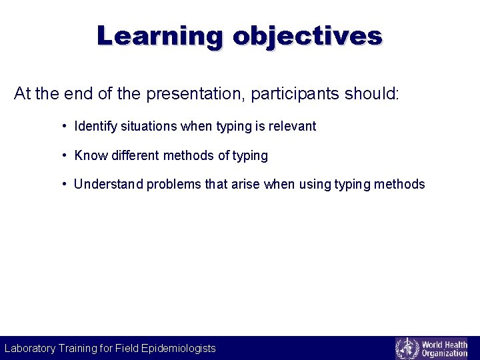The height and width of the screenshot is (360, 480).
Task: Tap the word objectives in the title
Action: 307,35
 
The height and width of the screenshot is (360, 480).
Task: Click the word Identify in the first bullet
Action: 96,126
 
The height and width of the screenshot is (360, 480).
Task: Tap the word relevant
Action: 292,126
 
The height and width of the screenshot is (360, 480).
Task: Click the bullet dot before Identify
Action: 63,126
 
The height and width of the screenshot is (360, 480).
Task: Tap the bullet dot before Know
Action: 63,155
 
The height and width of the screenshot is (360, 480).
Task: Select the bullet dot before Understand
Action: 63,184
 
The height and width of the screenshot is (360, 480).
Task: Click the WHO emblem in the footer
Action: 407,348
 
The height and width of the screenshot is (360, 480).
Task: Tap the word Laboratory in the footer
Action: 30,348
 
